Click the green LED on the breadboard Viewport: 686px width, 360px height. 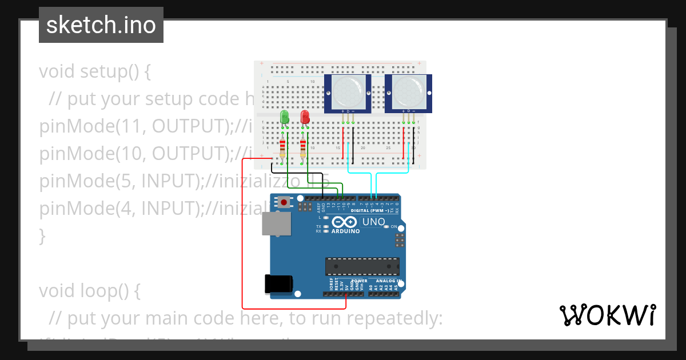pos(285,117)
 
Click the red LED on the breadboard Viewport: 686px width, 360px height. pos(305,117)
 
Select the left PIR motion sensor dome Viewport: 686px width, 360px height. pos(348,91)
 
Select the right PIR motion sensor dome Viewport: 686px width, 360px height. pos(408,91)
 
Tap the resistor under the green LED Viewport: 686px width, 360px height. pos(282,149)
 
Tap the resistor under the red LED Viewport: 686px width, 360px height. pos(302,149)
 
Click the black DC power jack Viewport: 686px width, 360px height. pos(278,284)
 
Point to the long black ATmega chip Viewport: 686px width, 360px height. pos(362,266)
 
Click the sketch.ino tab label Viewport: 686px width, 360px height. pos(101,25)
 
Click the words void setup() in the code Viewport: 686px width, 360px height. pos(95,72)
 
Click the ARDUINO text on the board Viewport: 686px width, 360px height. pos(345,231)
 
